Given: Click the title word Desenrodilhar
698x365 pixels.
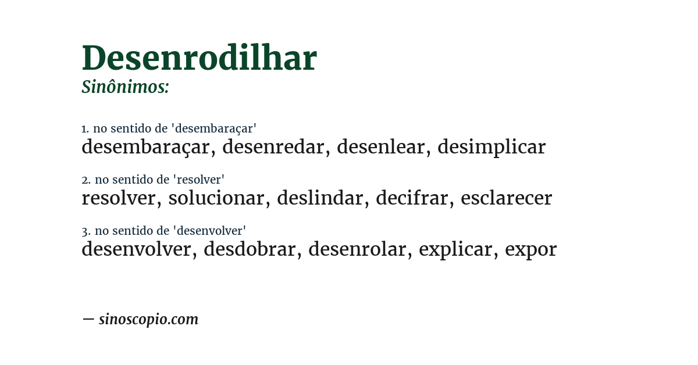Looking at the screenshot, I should coord(199,58).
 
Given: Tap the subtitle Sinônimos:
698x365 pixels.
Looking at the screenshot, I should coord(125,87).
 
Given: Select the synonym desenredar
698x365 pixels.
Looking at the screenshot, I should coord(273,147).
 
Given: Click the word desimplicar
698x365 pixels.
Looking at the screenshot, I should coord(492,147).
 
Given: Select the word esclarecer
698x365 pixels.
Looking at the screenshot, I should coord(506,198).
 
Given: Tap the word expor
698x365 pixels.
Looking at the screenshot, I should coord(530,249).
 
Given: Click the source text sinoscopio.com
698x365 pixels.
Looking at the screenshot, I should coord(148,319).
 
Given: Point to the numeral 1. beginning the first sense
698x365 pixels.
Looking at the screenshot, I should coord(85,128).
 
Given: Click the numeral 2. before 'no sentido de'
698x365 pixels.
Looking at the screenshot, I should coord(86,180).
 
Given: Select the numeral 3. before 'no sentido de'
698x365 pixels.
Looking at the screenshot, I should coord(86,231).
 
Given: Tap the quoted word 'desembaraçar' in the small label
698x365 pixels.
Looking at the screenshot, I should coord(216,128).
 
